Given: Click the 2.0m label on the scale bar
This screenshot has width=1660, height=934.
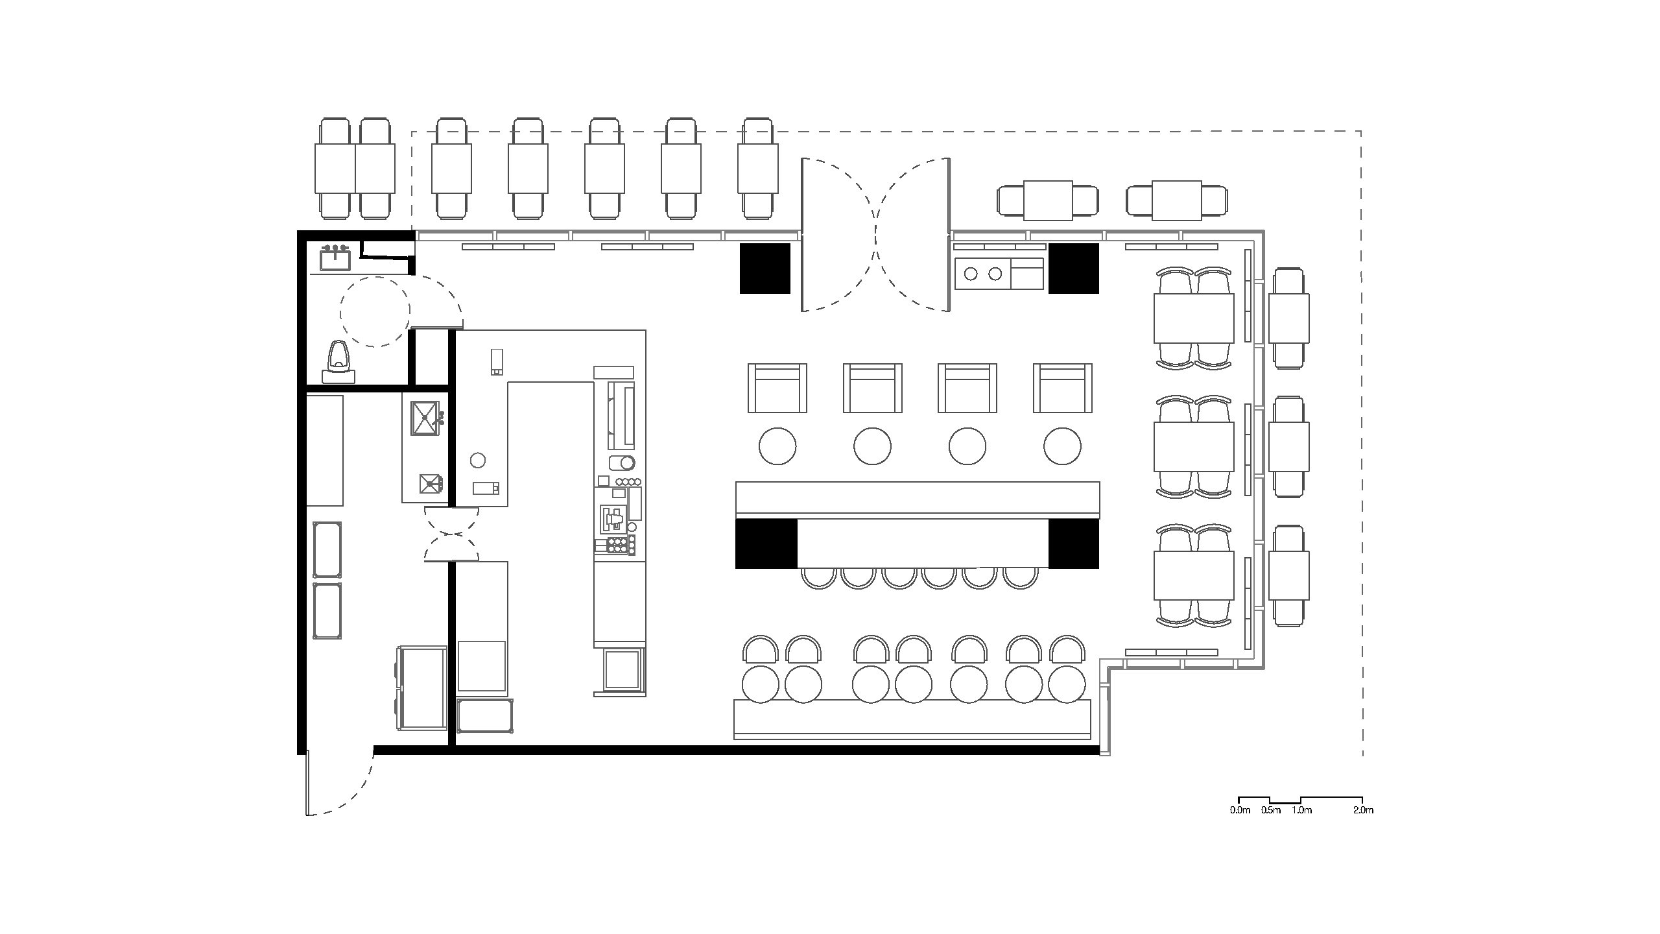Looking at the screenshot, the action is point(1363,810).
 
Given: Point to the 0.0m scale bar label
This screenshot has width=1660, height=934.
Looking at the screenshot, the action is point(1239,810).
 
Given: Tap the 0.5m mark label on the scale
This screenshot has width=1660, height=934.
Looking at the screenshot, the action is point(1270,810).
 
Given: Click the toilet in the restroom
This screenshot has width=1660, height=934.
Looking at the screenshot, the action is point(338,362).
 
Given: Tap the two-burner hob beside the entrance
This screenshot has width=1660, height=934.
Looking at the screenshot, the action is point(982,274).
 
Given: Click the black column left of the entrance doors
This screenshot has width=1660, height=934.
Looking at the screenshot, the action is point(765,269).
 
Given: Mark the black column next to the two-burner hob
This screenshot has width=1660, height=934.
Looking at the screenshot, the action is point(1074,269).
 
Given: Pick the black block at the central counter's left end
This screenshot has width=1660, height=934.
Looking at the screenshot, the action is point(766,544).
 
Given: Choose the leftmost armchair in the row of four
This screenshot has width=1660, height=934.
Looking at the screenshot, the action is point(777,388).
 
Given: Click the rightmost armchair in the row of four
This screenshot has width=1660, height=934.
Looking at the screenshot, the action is point(1062,388).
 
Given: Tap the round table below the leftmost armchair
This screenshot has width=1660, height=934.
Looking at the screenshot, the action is point(777,446).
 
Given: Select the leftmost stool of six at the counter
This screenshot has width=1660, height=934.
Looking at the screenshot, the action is point(818,577).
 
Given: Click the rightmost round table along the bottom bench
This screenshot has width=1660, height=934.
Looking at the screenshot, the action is point(1067,684).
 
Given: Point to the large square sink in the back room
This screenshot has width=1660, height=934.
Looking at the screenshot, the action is point(425,419).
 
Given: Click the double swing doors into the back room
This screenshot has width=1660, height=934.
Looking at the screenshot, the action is point(452,534).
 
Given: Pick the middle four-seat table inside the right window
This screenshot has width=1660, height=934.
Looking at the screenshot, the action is point(1194,448).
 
